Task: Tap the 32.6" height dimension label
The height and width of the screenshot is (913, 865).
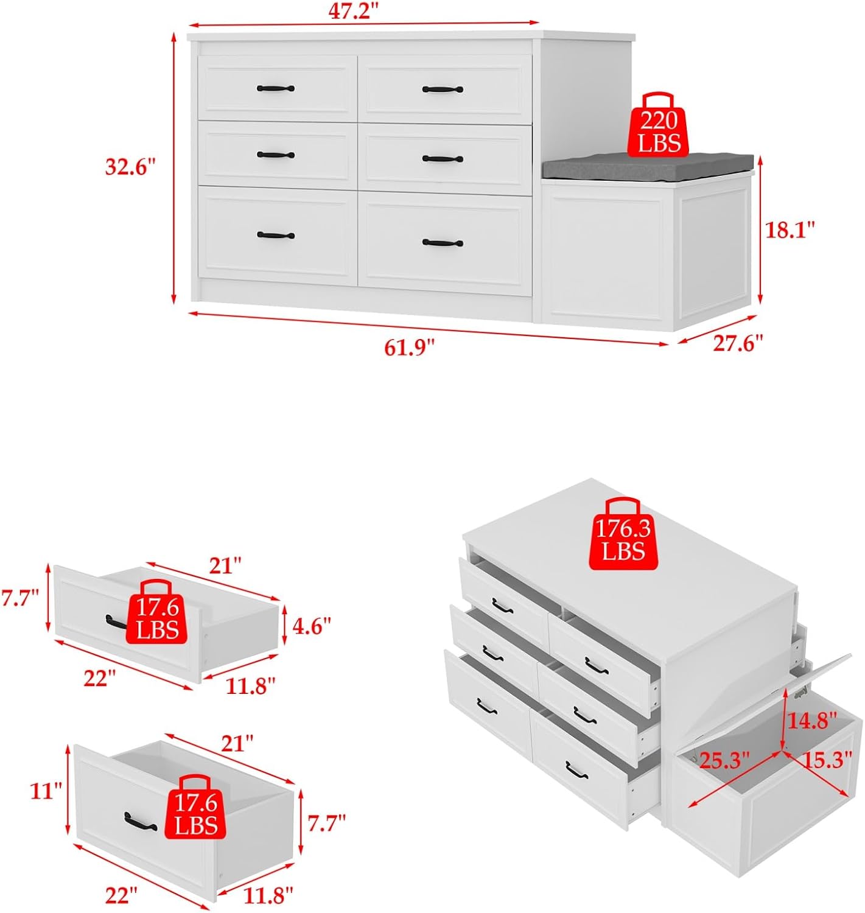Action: coord(130,167)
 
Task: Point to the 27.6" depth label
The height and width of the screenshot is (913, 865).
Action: coord(738,343)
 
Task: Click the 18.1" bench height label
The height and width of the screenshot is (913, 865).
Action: coord(790,230)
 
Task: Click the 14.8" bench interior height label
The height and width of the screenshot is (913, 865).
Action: coord(813,721)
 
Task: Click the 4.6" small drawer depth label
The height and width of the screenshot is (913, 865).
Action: coord(311,626)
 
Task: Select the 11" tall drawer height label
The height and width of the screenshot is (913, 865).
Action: coord(46,791)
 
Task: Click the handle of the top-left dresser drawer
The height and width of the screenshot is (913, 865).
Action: coord(276,89)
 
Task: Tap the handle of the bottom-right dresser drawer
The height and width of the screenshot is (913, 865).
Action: coord(443,243)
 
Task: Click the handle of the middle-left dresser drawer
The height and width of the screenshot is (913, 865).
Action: coord(276,155)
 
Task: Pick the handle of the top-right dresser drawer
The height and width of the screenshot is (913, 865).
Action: coord(443,89)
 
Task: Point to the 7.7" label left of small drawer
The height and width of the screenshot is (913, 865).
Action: coord(21,599)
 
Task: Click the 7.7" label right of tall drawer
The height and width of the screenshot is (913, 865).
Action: coord(326,824)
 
